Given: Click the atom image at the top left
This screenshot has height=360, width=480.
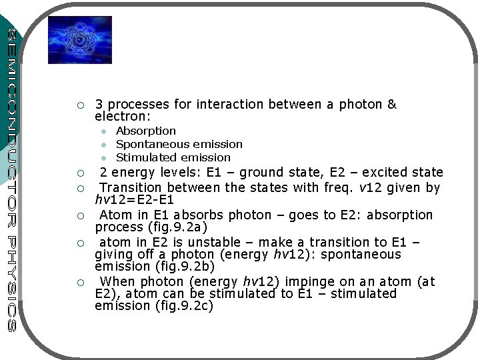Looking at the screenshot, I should pyautogui.click(x=79, y=40).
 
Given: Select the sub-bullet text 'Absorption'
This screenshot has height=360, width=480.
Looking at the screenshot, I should pyautogui.click(x=146, y=131).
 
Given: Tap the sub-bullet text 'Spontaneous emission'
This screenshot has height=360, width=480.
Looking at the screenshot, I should pyautogui.click(x=179, y=145).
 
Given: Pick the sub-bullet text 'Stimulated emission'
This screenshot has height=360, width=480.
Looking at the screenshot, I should pyautogui.click(x=173, y=158).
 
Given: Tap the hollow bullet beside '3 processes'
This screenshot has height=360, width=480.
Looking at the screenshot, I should pyautogui.click(x=80, y=105).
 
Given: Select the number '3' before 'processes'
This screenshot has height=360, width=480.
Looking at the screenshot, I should pyautogui.click(x=99, y=105).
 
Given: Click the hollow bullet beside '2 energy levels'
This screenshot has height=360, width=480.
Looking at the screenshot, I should pyautogui.click(x=80, y=173).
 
